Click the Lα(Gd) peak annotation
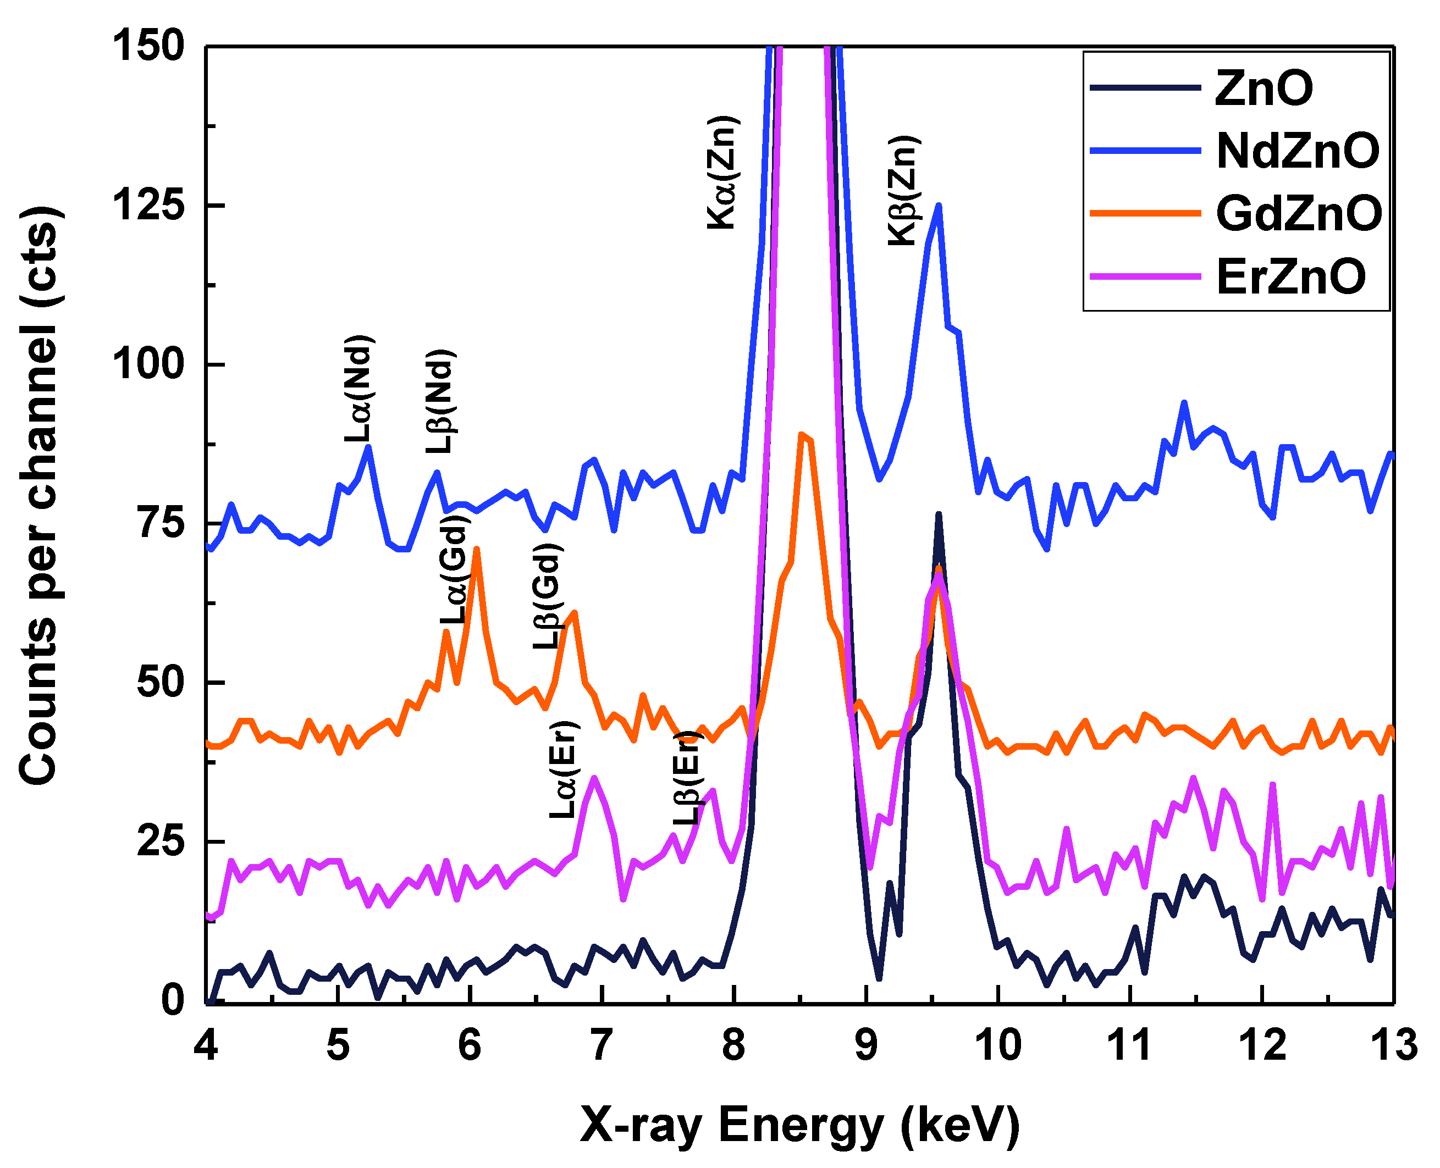pyautogui.click(x=454, y=571)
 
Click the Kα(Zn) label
pyautogui.click(x=722, y=173)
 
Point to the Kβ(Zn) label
pyautogui.click(x=903, y=190)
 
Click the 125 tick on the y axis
pyautogui.click(x=148, y=204)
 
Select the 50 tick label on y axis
pyautogui.click(x=160, y=682)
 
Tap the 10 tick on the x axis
pyautogui.click(x=998, y=1045)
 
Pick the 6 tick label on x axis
pyautogui.click(x=469, y=1045)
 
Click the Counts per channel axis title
pyautogui.click(x=39, y=495)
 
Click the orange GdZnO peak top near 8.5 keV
pyautogui.click(x=801, y=435)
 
